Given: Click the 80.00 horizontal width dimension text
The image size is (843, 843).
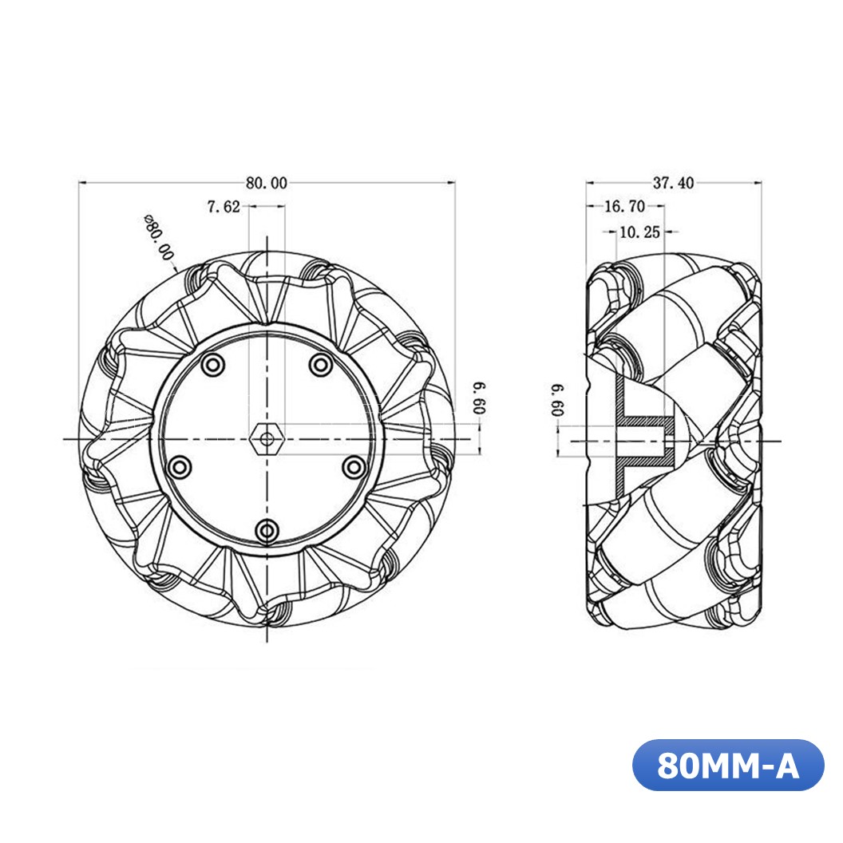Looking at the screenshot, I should click(x=266, y=183).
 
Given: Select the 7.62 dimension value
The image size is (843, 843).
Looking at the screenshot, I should click(x=223, y=207).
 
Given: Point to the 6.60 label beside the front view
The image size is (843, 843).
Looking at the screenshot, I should click(x=478, y=398).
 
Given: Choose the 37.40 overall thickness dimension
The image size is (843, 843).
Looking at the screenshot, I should click(x=673, y=183).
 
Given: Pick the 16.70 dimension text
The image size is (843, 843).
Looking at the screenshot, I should click(x=624, y=207).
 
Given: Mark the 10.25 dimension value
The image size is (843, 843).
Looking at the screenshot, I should click(x=639, y=232).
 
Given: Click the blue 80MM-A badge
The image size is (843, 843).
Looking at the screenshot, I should click(x=727, y=766).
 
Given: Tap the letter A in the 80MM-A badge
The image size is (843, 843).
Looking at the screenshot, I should click(x=786, y=766).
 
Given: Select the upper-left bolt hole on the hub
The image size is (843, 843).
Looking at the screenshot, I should click(x=212, y=365).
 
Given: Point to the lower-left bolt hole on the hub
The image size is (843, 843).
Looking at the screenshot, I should click(x=181, y=465).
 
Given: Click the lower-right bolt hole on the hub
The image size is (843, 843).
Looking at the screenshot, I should click(x=352, y=465).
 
